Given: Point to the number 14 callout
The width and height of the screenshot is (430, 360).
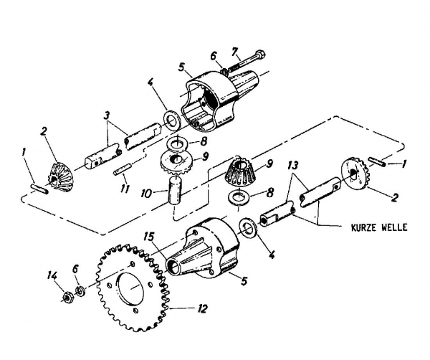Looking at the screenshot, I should click(x=50, y=275).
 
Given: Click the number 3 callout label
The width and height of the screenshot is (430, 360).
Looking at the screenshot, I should click(x=106, y=114).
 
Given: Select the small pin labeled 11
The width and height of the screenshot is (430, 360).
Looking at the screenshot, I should click(x=122, y=171).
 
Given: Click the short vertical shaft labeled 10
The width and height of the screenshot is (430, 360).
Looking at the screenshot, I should click(x=176, y=192).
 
